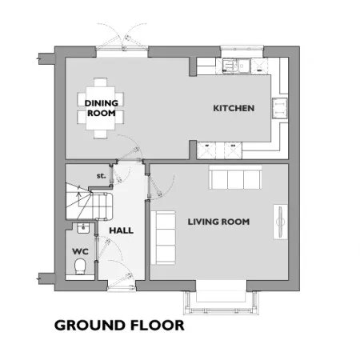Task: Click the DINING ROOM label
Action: pos(102,108)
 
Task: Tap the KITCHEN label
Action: pos(234,108)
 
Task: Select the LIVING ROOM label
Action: pos(218,222)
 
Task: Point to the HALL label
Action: pos(122,230)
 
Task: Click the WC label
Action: pos(80,251)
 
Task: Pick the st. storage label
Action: pos(101,176)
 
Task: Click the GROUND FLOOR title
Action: pos(119,326)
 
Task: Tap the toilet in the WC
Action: pos(80,266)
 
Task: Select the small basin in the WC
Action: pos(83,228)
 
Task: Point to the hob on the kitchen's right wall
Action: pos(280,108)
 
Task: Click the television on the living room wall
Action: pos(280,222)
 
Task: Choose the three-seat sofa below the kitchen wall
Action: pos(235,177)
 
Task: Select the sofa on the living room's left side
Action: pos(163,238)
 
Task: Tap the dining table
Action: pos(101,108)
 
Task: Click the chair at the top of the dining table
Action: pos(101,82)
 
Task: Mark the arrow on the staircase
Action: pos(79,198)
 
